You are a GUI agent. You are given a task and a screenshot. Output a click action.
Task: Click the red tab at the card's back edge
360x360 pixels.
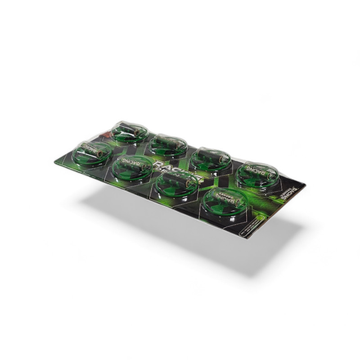[x=104, y=134]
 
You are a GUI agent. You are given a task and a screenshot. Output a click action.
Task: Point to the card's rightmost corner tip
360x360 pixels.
[x=306, y=184]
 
